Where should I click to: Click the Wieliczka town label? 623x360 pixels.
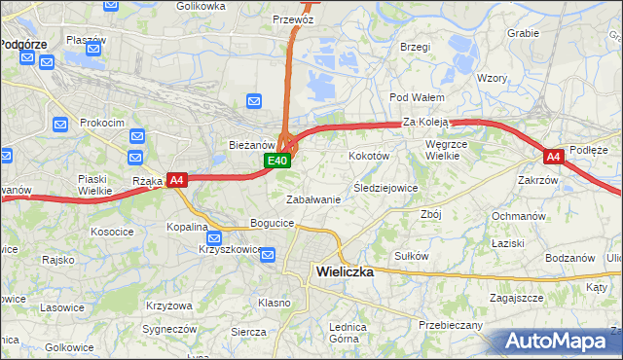click(345, 272)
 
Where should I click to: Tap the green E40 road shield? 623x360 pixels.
click(277, 161)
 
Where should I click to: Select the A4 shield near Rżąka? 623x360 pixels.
click(176, 180)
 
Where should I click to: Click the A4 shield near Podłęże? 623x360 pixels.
click(553, 156)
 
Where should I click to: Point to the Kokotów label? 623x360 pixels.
click(369, 156)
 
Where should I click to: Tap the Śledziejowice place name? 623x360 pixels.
click(385, 188)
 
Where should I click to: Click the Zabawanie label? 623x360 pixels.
click(312, 199)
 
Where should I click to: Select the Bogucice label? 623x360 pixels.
click(273, 223)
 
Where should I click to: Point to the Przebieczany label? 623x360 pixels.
click(451, 324)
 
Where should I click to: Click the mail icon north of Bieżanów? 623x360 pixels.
click(254, 100)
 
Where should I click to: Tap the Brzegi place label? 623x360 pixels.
click(415, 46)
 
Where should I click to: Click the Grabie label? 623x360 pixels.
click(523, 32)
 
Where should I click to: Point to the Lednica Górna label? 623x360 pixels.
click(347, 333)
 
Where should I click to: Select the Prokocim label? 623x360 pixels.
click(102, 123)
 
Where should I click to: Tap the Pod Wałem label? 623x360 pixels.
click(417, 97)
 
